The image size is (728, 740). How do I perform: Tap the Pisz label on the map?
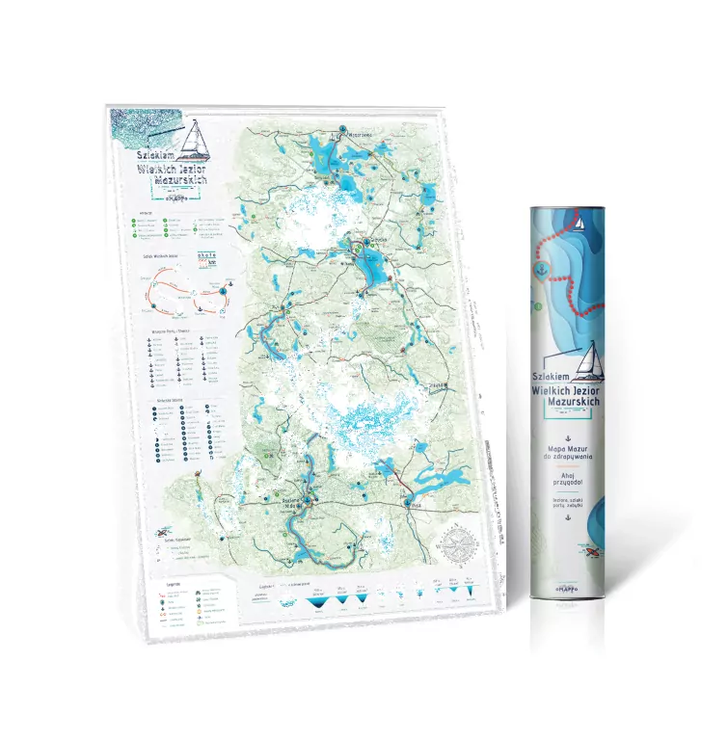(416, 502)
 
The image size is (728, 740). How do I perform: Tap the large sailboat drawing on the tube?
(589, 359)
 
